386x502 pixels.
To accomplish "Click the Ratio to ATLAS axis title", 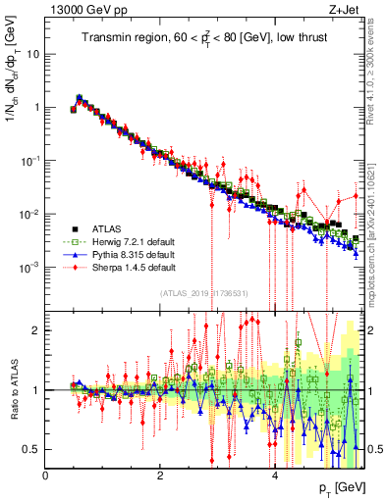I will (x=13, y=389).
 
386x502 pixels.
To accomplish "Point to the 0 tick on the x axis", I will (x=46, y=475).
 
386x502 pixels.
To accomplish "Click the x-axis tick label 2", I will (x=160, y=475).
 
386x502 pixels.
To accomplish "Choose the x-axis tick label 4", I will (x=275, y=475).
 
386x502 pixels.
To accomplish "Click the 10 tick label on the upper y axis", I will (x=33, y=53).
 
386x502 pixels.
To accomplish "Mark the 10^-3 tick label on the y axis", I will (x=29, y=268).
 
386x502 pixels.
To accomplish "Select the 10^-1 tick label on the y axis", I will (x=29, y=160).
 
